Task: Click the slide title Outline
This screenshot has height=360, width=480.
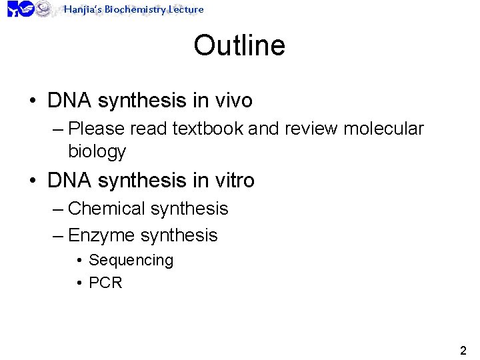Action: tap(239, 46)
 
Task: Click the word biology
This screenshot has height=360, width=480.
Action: tap(97, 151)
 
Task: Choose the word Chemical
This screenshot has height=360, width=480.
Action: tap(107, 209)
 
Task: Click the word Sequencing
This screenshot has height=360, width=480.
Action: tap(131, 260)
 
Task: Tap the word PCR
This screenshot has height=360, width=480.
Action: tap(105, 283)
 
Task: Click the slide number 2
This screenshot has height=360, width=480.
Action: tap(463, 351)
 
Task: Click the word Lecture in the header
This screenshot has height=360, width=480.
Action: tap(186, 9)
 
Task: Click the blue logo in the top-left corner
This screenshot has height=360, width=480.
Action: tap(20, 9)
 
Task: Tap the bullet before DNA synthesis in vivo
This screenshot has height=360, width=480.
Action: tap(32, 101)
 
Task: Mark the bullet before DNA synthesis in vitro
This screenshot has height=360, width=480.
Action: tap(32, 181)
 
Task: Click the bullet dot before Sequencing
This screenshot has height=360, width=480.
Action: tap(79, 261)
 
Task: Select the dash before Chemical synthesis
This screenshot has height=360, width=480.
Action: tap(58, 209)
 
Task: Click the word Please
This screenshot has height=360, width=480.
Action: tap(96, 128)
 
